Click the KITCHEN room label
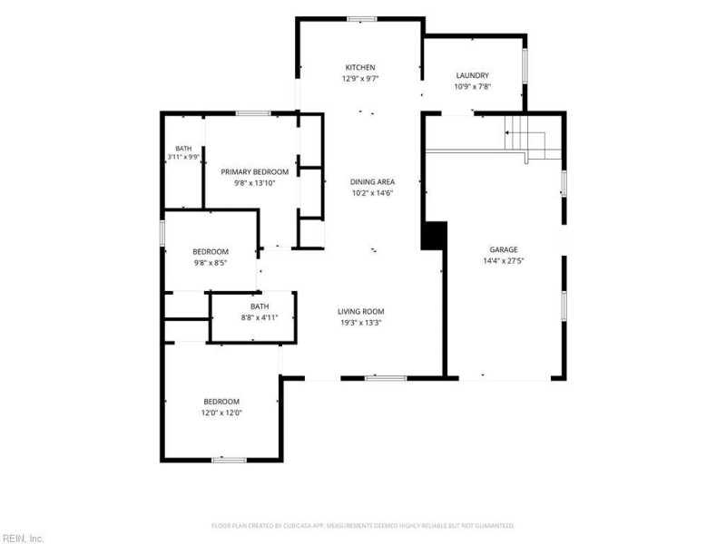[359, 67]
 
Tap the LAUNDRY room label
[472, 75]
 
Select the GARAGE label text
[504, 250]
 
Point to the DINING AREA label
[372, 182]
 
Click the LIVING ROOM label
[360, 312]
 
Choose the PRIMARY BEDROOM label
[255, 172]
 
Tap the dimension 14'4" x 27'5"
[504, 261]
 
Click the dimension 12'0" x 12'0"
[221, 413]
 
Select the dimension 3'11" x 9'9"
[183, 157]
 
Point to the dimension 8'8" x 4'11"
[260, 317]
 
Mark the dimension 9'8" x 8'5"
[211, 263]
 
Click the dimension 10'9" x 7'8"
[472, 86]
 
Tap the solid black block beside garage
[434, 236]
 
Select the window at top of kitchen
[362, 19]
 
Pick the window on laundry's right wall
[525, 65]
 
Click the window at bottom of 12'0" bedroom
[230, 460]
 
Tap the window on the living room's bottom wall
[386, 378]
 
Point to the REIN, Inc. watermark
[22, 539]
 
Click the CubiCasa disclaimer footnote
[363, 526]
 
